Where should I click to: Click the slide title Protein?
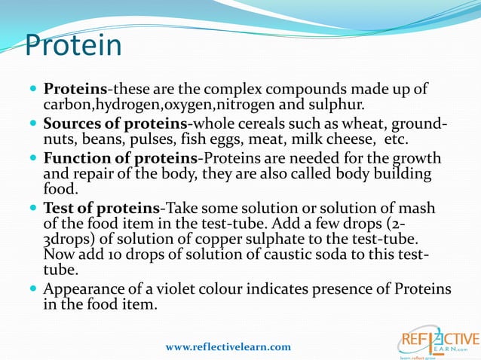tap(73, 45)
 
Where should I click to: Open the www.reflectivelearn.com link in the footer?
tap(228, 346)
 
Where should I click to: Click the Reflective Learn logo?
tap(438, 341)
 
